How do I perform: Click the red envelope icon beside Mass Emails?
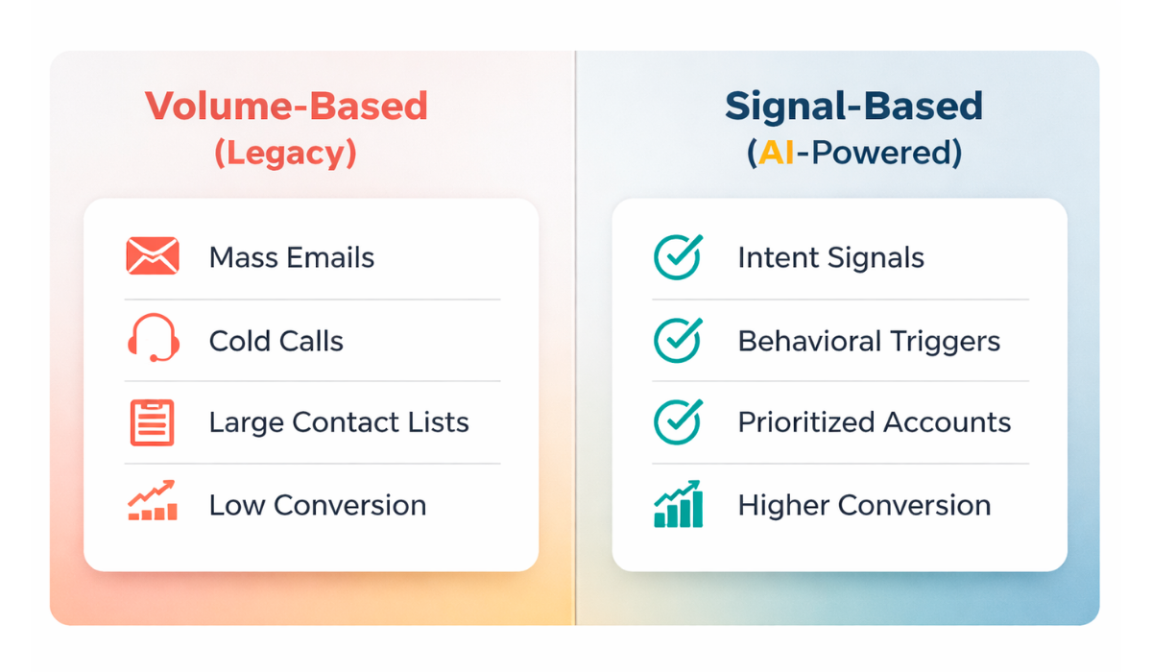[153, 255]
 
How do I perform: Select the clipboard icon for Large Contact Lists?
[153, 422]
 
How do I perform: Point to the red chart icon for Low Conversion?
[153, 501]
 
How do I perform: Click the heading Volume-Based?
[286, 106]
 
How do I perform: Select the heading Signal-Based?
[854, 107]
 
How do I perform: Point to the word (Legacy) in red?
[285, 154]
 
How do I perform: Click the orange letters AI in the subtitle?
[777, 153]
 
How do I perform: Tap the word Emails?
[330, 257]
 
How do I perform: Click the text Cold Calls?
[276, 341]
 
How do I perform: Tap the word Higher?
[783, 506]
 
